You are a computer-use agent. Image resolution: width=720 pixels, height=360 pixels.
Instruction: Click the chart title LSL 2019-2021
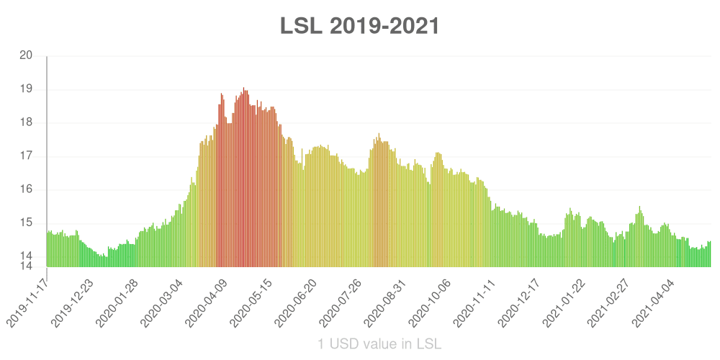coord(359,26)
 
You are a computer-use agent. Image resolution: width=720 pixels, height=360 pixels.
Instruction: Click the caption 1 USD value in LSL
coord(379,343)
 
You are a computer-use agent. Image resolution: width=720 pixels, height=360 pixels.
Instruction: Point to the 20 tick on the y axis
coord(26,56)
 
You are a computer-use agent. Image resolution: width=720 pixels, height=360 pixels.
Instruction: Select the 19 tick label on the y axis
coord(26,89)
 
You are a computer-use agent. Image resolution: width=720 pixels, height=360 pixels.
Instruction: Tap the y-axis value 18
coord(26,123)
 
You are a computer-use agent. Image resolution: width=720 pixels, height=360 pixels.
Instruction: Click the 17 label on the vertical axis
coord(26,156)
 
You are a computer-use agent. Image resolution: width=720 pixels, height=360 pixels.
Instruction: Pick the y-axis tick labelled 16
coord(26,189)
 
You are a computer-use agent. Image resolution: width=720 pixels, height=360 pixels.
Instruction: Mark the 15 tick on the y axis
coord(26,222)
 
